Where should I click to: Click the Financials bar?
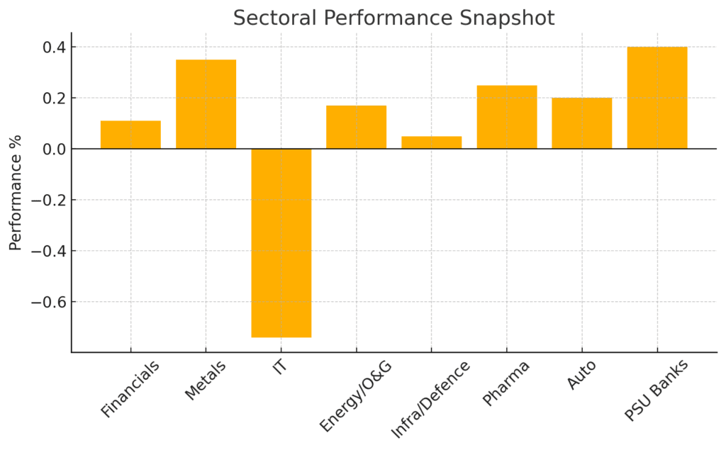(130, 135)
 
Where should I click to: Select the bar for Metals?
(206, 104)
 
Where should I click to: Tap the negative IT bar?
(281, 242)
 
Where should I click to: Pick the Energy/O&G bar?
(356, 127)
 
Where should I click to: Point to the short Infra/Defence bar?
(431, 142)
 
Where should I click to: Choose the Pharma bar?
(506, 117)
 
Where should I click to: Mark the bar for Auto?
(581, 123)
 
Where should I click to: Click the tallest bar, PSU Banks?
(657, 98)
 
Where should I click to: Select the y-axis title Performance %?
(15, 191)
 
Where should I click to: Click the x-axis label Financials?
(130, 389)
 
